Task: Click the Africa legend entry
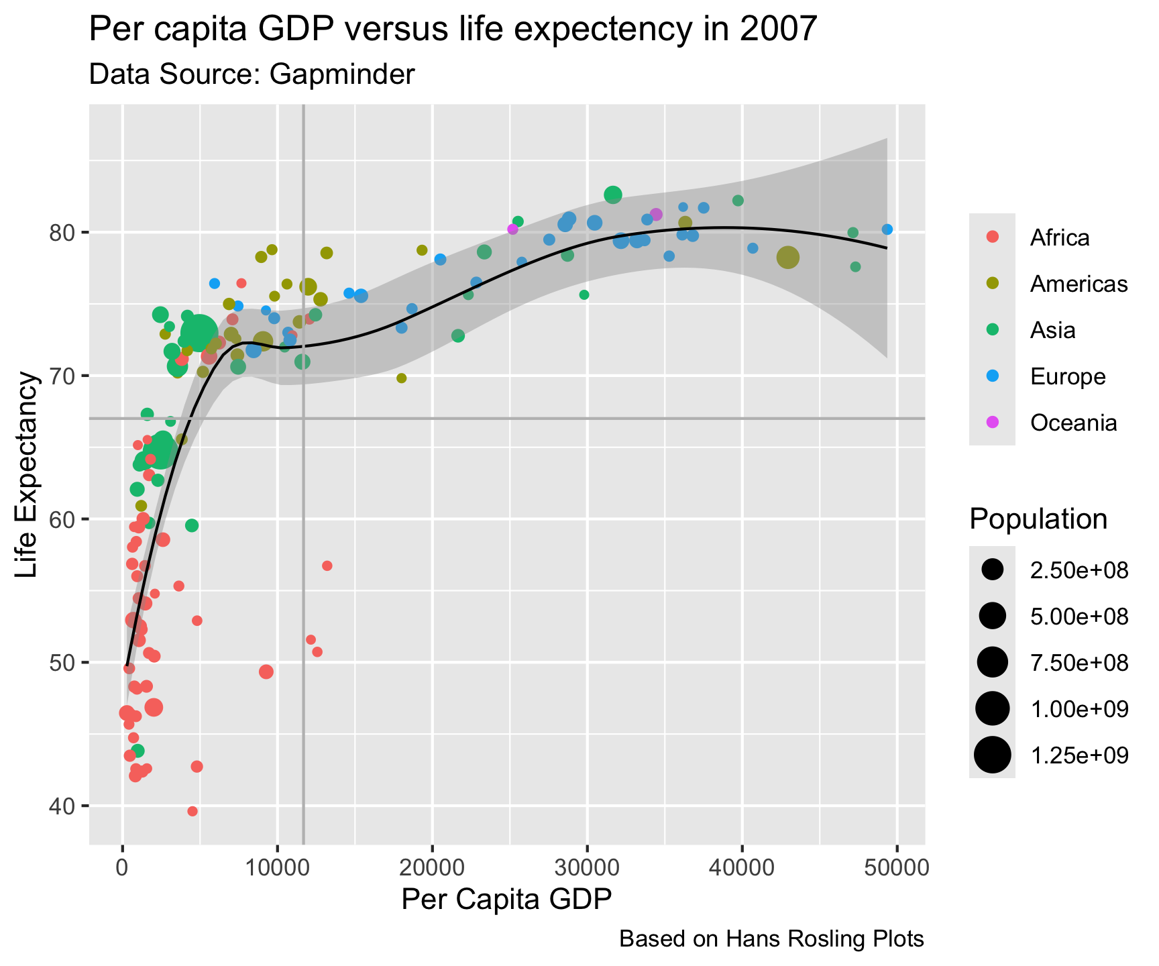(x=1060, y=237)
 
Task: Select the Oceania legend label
(x=1073, y=423)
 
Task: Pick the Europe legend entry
(x=1068, y=376)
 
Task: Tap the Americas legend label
(x=1079, y=284)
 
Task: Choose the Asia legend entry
(x=1052, y=330)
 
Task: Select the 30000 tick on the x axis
(x=588, y=867)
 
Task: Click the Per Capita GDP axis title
(x=506, y=900)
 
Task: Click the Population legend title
(x=1038, y=519)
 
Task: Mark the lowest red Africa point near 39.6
(x=192, y=811)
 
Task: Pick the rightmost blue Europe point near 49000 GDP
(x=887, y=229)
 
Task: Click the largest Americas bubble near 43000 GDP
(x=788, y=258)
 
